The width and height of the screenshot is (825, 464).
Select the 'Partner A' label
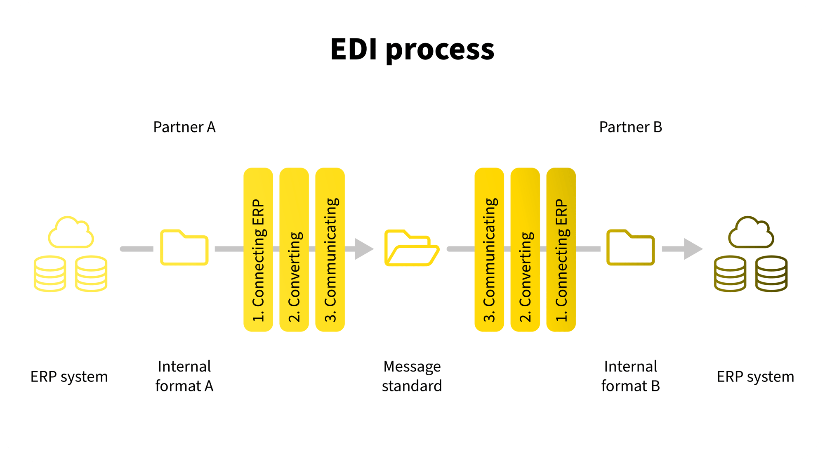tap(184, 127)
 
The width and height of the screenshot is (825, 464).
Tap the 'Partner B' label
tap(630, 127)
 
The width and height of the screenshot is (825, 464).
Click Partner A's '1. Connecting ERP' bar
tap(258, 249)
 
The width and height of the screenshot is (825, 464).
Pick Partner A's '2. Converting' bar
tap(294, 249)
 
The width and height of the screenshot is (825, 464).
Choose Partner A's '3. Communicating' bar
tap(330, 249)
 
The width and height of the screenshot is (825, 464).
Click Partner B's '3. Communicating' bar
tap(489, 249)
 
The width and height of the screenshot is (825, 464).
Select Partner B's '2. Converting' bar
tap(525, 249)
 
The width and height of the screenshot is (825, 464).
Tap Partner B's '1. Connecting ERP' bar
tap(561, 249)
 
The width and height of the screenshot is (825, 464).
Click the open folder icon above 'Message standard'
tap(412, 248)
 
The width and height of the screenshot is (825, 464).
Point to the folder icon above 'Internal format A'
tap(184, 248)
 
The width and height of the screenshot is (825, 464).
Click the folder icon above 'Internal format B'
tap(630, 248)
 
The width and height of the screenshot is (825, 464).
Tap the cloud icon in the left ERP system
tap(71, 233)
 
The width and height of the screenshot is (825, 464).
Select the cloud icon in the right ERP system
tap(751, 233)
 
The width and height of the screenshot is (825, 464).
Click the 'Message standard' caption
tap(412, 376)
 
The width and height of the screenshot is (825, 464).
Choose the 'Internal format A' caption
tap(184, 376)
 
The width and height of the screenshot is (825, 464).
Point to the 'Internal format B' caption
tap(630, 376)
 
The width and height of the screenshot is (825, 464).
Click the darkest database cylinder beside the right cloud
tap(771, 274)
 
